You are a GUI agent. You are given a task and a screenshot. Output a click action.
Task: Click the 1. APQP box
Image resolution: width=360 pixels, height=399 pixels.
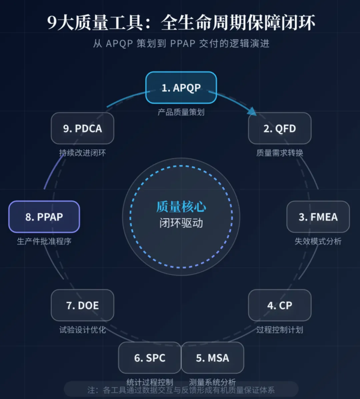click(181, 88)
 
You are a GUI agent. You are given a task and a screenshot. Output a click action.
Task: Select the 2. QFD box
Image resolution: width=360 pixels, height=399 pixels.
click(280, 128)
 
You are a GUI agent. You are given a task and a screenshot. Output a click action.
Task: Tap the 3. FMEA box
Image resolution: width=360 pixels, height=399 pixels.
click(318, 217)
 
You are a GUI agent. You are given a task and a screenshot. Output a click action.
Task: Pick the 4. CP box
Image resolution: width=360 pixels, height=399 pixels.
click(280, 305)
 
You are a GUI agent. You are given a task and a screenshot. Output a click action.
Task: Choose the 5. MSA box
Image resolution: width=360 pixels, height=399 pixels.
click(212, 358)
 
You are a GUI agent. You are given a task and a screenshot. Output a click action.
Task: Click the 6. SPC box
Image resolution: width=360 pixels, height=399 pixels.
click(150, 358)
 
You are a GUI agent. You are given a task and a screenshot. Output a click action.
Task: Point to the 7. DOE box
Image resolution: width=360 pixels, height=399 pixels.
click(82, 305)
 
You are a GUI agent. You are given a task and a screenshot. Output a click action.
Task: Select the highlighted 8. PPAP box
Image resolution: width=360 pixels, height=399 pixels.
click(44, 217)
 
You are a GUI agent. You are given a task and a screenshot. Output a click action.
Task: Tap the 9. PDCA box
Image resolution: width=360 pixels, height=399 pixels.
click(82, 128)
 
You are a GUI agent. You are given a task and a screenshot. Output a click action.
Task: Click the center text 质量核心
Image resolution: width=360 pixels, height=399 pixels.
click(181, 207)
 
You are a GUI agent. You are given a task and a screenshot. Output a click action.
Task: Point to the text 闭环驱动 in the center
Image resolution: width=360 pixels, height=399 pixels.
click(181, 223)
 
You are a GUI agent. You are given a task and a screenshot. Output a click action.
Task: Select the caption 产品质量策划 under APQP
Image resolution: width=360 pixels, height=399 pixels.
click(181, 112)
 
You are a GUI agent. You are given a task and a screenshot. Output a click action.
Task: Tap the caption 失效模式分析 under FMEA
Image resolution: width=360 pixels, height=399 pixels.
click(318, 241)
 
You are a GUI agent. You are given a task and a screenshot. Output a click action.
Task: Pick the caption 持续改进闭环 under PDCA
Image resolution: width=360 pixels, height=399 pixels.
click(82, 153)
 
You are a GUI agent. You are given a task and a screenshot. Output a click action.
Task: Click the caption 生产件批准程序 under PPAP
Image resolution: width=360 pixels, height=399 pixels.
click(44, 241)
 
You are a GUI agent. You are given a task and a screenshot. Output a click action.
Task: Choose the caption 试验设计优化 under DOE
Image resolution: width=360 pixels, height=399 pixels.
click(82, 330)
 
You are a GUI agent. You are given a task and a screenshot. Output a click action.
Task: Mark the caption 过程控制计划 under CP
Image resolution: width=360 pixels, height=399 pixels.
click(280, 330)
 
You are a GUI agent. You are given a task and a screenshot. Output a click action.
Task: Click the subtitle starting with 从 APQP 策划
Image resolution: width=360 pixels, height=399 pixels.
click(181, 44)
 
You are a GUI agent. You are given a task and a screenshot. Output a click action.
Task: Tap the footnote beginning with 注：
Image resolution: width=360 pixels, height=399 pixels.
click(181, 390)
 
